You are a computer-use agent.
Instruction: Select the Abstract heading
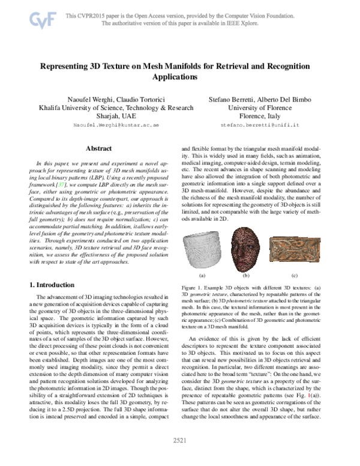(x=98, y=148)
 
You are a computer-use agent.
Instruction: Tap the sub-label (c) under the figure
(x=294, y=275)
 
